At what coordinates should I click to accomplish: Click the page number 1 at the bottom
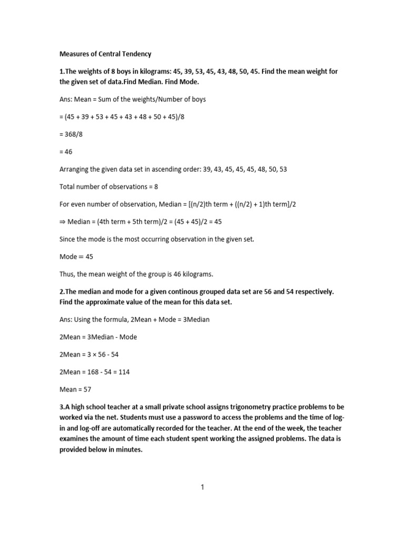click(x=202, y=488)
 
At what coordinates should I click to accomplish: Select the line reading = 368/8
click(x=71, y=134)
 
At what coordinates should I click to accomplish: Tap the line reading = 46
click(x=66, y=152)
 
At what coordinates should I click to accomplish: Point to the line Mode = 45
click(x=76, y=257)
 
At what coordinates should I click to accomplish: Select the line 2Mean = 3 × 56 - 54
click(x=92, y=355)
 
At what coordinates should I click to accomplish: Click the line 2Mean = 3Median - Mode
click(x=98, y=337)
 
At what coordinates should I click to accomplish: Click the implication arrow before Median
click(x=62, y=222)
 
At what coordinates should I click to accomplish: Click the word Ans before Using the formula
click(x=65, y=320)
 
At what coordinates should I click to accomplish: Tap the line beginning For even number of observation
click(x=177, y=204)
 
